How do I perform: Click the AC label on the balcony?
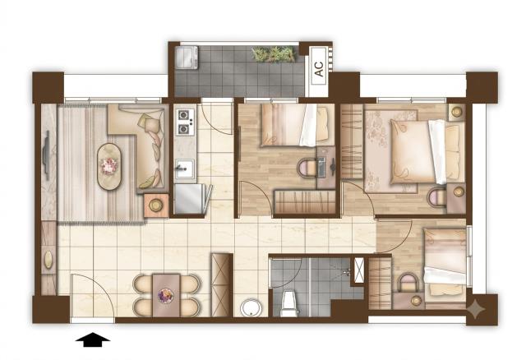pos(320,69)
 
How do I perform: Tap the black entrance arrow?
pos(93,339)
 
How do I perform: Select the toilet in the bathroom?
pos(289,303)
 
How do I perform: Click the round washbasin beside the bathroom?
pos(251,307)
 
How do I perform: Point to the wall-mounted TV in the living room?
pos(46,155)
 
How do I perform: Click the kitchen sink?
pos(184,168)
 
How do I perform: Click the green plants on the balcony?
pos(274,54)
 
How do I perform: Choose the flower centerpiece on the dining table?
pos(166,296)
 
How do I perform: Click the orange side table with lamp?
pos(156,205)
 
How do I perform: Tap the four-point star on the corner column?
pos(477,309)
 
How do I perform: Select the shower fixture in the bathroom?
pos(348,271)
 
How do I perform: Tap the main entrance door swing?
pos(94,295)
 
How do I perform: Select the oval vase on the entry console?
pos(48,260)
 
